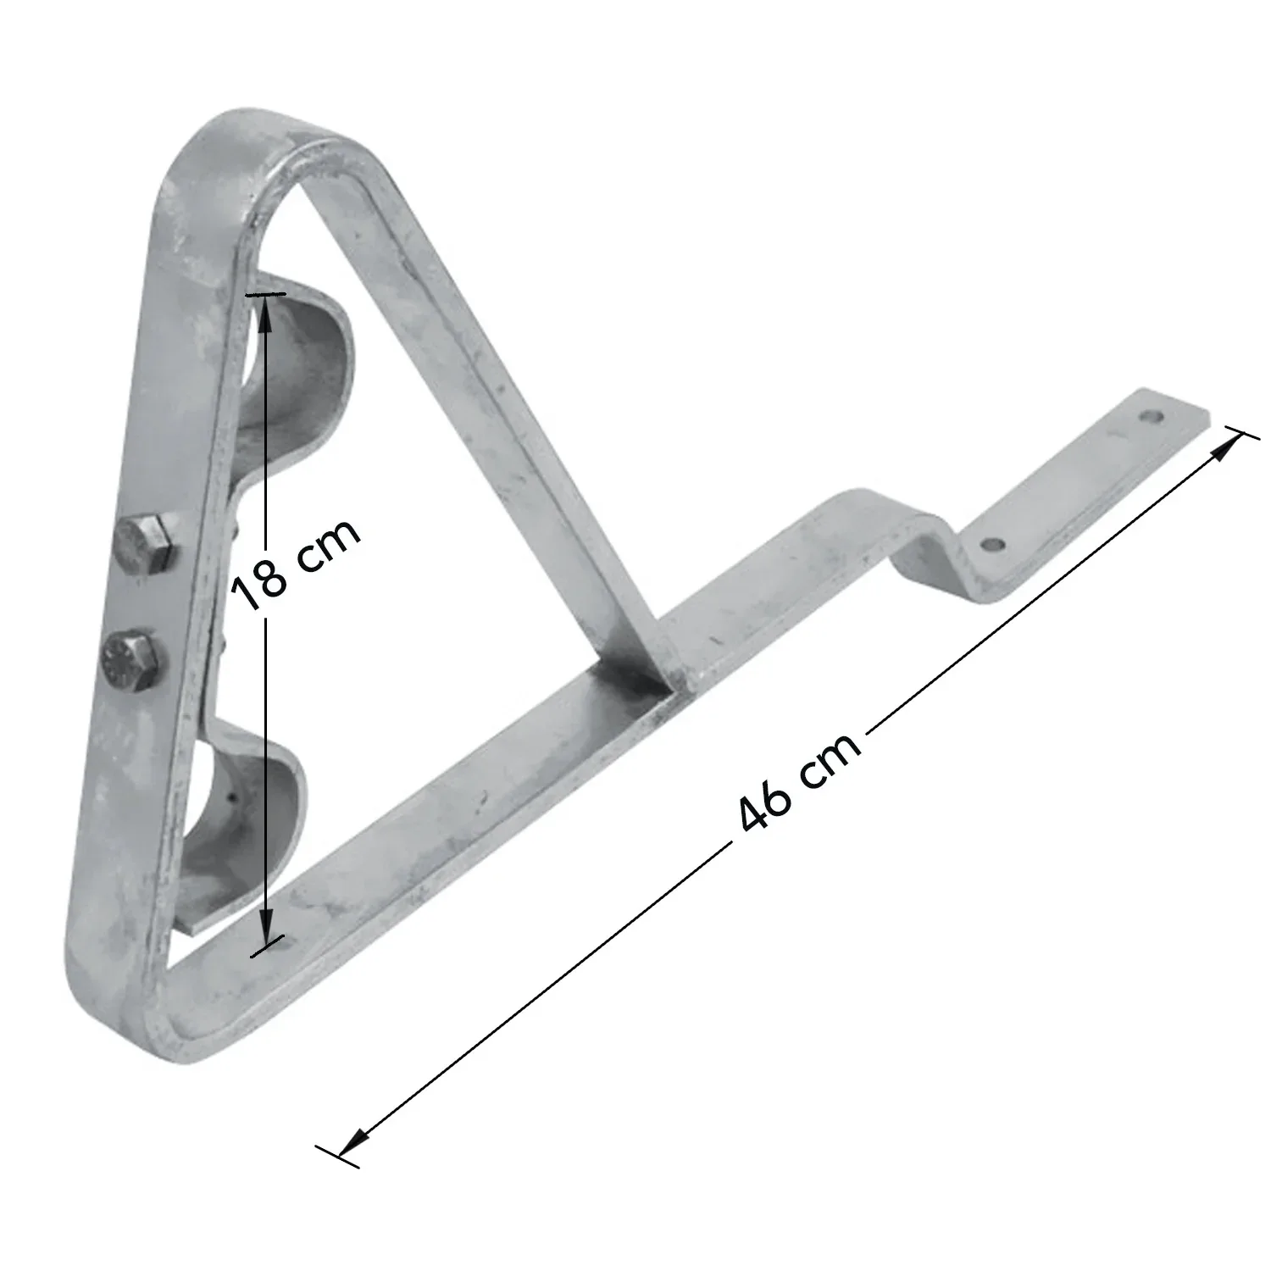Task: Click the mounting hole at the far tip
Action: (1150, 416)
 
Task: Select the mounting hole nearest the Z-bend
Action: (993, 544)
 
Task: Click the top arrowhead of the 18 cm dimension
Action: (265, 310)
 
